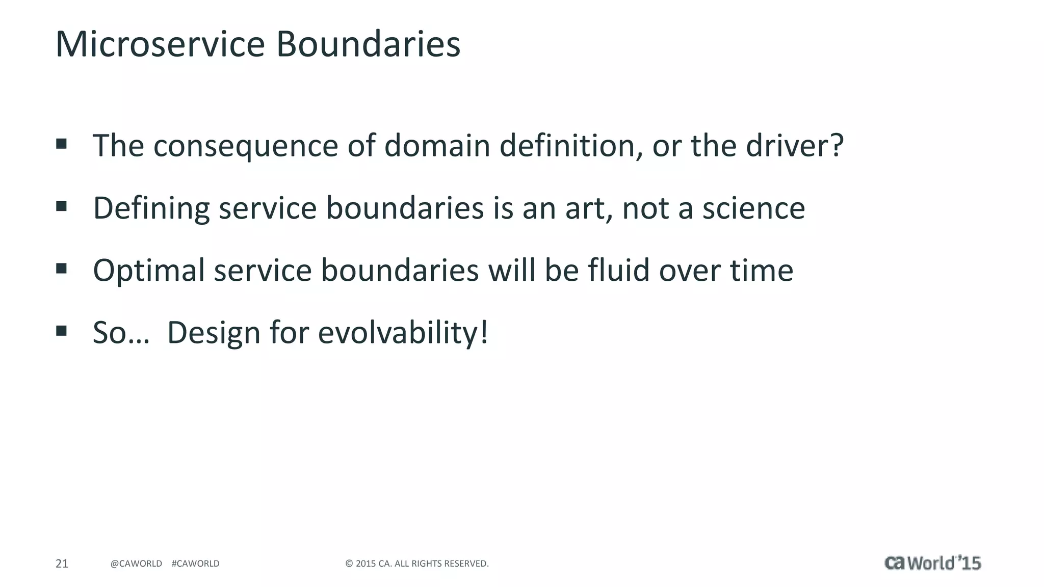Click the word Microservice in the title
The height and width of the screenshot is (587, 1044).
click(160, 44)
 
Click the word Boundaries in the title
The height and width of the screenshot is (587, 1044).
click(368, 44)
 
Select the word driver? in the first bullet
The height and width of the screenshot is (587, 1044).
click(795, 146)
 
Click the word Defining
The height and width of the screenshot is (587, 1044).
click(151, 209)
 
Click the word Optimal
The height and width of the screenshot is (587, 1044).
click(149, 271)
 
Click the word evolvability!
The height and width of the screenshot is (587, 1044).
click(403, 333)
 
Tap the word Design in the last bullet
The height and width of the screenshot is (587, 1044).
click(214, 333)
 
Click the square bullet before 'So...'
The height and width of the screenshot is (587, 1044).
click(62, 331)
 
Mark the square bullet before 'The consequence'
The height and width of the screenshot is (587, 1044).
click(62, 144)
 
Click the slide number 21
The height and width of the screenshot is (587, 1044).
click(62, 564)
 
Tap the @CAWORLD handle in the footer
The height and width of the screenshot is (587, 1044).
click(136, 564)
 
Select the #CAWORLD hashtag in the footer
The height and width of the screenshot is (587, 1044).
click(196, 564)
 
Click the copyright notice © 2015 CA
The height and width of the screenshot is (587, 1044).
click(416, 564)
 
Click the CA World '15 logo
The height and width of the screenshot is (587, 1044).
click(932, 563)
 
